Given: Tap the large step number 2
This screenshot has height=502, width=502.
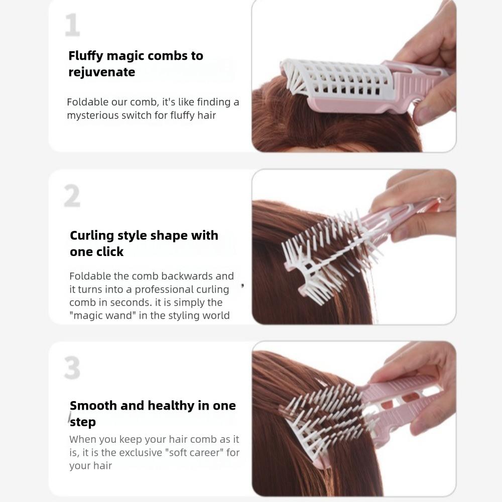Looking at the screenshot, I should point(72,197).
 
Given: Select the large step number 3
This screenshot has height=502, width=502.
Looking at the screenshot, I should point(72,368).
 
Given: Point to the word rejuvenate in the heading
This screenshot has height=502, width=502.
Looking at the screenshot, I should point(101,72).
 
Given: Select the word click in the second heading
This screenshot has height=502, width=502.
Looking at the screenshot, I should point(109,252).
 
